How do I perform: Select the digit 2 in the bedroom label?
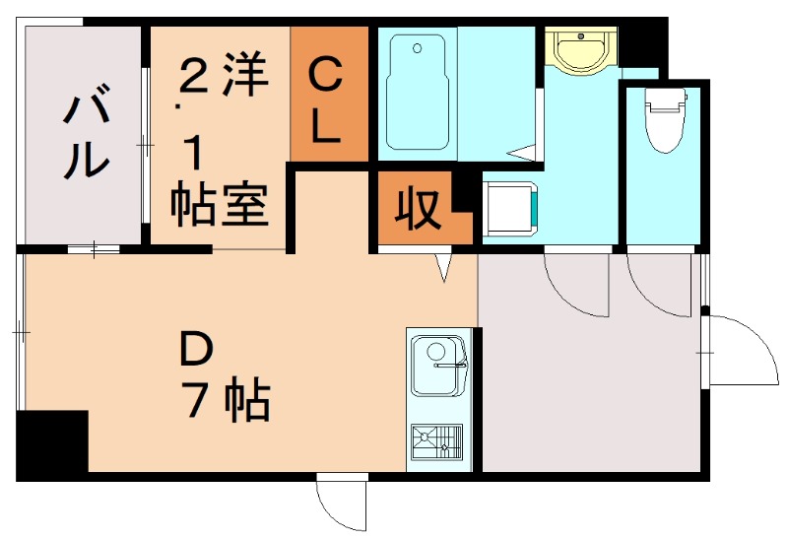pos(192,79)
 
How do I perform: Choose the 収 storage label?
pos(418,210)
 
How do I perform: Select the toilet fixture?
pos(663,118)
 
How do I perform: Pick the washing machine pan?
pos(510,210)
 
